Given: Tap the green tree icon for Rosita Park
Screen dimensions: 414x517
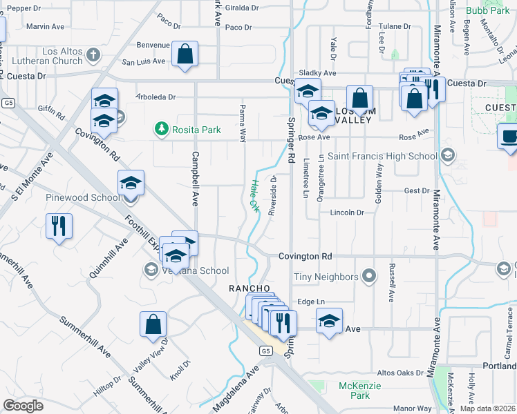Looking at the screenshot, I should coord(161,128).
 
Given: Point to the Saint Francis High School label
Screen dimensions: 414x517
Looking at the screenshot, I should coord(382,156).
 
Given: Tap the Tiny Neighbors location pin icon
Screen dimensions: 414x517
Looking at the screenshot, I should coord(370,277).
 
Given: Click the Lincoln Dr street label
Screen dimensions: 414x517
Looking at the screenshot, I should coord(346,213).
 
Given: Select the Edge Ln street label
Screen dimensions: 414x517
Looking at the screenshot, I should coord(310,302).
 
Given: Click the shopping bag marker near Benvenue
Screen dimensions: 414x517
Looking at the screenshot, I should coord(185,55).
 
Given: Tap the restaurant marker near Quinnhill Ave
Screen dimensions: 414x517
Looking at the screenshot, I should coord(58,225).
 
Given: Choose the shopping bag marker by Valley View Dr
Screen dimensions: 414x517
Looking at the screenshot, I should coord(153,324).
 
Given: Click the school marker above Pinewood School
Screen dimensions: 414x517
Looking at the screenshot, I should coord(131,184).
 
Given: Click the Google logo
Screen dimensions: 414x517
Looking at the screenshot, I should coord(23,406).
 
